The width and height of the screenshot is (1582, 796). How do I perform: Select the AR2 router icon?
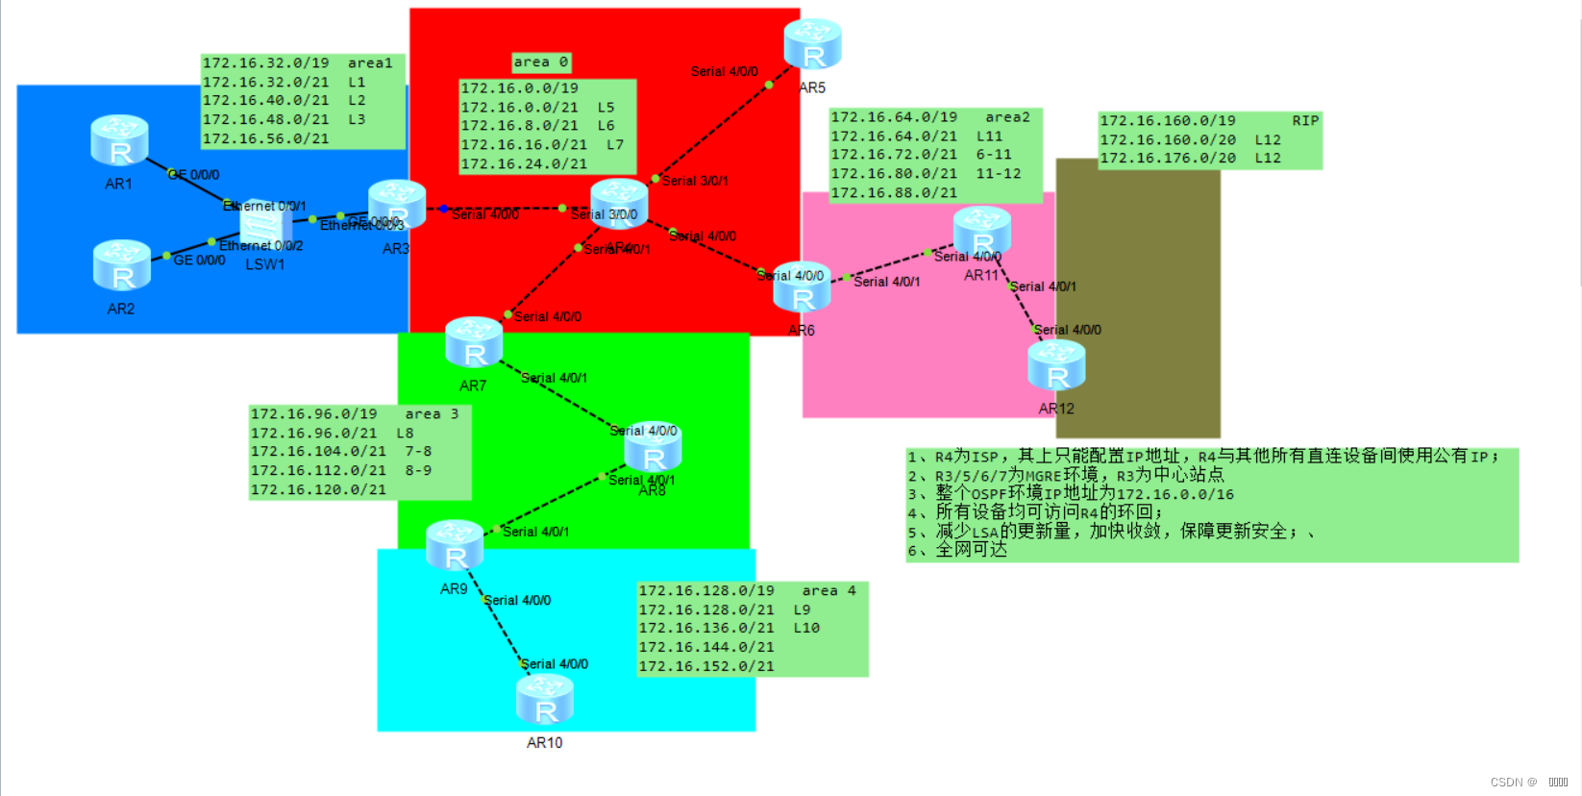pyautogui.click(x=122, y=265)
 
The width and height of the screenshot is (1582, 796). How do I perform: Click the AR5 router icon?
pyautogui.click(x=812, y=45)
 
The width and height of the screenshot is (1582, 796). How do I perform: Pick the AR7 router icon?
pyautogui.click(x=474, y=343)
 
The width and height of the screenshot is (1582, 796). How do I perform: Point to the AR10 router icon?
pyautogui.click(x=545, y=700)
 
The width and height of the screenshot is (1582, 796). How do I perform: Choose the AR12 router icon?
pyautogui.click(x=1056, y=366)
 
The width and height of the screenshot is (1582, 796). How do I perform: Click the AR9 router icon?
pyautogui.click(x=455, y=546)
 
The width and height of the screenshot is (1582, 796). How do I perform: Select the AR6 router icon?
pyautogui.click(x=802, y=287)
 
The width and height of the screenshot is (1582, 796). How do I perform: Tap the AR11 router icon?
pyautogui.click(x=981, y=232)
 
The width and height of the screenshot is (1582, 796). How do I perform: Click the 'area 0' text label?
pyautogui.click(x=540, y=62)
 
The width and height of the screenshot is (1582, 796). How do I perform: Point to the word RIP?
pyautogui.click(x=1305, y=120)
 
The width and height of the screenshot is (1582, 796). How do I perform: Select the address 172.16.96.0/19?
pyautogui.click(x=313, y=414)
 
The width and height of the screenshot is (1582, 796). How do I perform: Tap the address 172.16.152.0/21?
pyautogui.click(x=705, y=665)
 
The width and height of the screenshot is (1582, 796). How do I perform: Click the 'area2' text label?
pyautogui.click(x=1007, y=117)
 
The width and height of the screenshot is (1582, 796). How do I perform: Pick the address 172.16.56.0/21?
pyautogui.click(x=265, y=138)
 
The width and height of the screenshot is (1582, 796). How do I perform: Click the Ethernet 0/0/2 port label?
pyautogui.click(x=261, y=246)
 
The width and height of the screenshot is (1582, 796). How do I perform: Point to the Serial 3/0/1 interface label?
pyautogui.click(x=695, y=181)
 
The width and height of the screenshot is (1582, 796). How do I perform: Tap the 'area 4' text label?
pyautogui.click(x=828, y=590)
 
